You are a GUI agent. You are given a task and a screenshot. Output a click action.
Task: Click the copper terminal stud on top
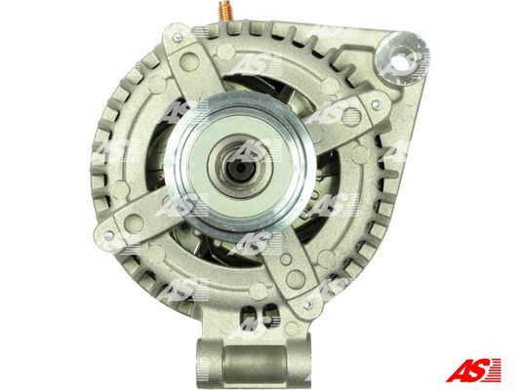[x=226, y=11]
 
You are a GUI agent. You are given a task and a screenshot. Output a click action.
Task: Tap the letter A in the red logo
[x=459, y=370]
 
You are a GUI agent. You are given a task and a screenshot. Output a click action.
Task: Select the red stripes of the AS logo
[x=494, y=370]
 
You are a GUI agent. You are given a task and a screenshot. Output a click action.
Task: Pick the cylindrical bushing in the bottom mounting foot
[x=254, y=362]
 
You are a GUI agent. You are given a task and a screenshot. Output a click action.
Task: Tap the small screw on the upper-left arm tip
[x=178, y=37]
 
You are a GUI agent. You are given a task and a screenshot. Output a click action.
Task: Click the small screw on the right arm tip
[x=375, y=105]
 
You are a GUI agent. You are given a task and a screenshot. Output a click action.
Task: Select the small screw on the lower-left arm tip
[x=108, y=236]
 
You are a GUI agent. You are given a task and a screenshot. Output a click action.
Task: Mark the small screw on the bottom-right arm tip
[x=308, y=305]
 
